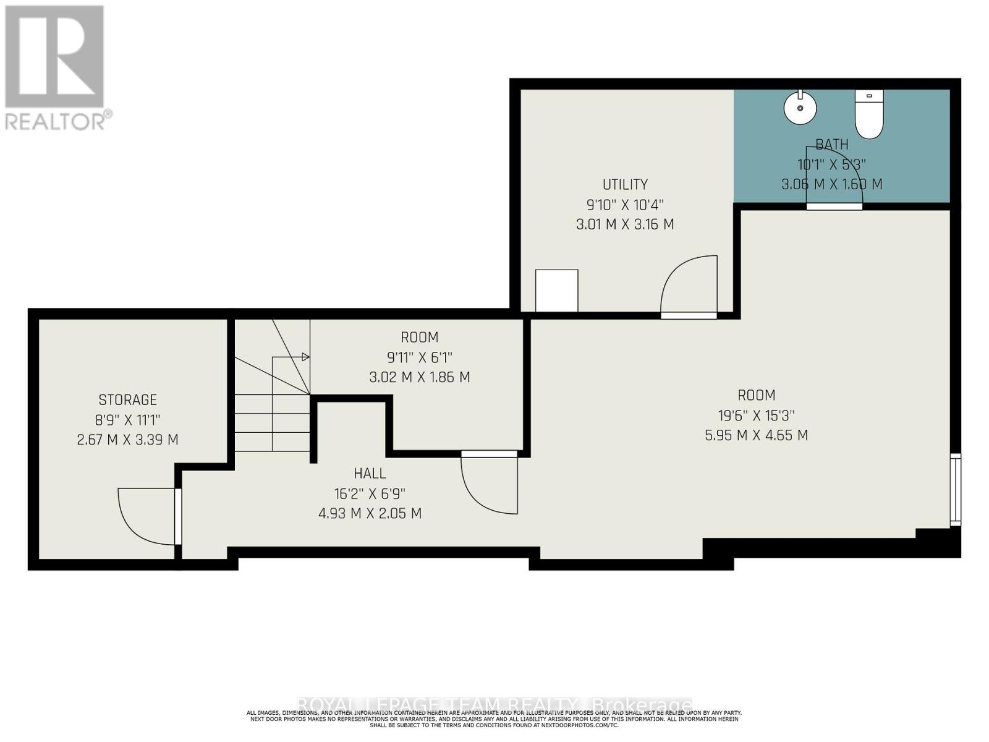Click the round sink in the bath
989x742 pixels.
(x=800, y=108)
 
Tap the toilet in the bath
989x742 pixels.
(x=869, y=115)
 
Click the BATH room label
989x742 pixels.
(x=831, y=145)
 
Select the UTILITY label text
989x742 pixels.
(x=625, y=184)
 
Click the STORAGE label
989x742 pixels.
(x=128, y=400)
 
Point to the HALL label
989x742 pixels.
(x=370, y=474)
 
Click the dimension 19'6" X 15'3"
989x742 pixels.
(x=756, y=416)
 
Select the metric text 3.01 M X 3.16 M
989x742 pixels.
(x=625, y=224)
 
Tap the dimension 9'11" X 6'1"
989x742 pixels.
(x=420, y=357)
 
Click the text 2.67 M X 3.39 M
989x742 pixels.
(x=128, y=440)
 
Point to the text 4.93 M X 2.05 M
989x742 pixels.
(x=370, y=514)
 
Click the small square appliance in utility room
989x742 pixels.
(x=556, y=291)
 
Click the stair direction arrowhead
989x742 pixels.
(x=305, y=357)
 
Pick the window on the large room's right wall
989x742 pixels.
(x=956, y=490)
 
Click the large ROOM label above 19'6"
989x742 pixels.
(x=756, y=395)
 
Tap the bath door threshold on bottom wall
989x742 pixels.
(x=834, y=207)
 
